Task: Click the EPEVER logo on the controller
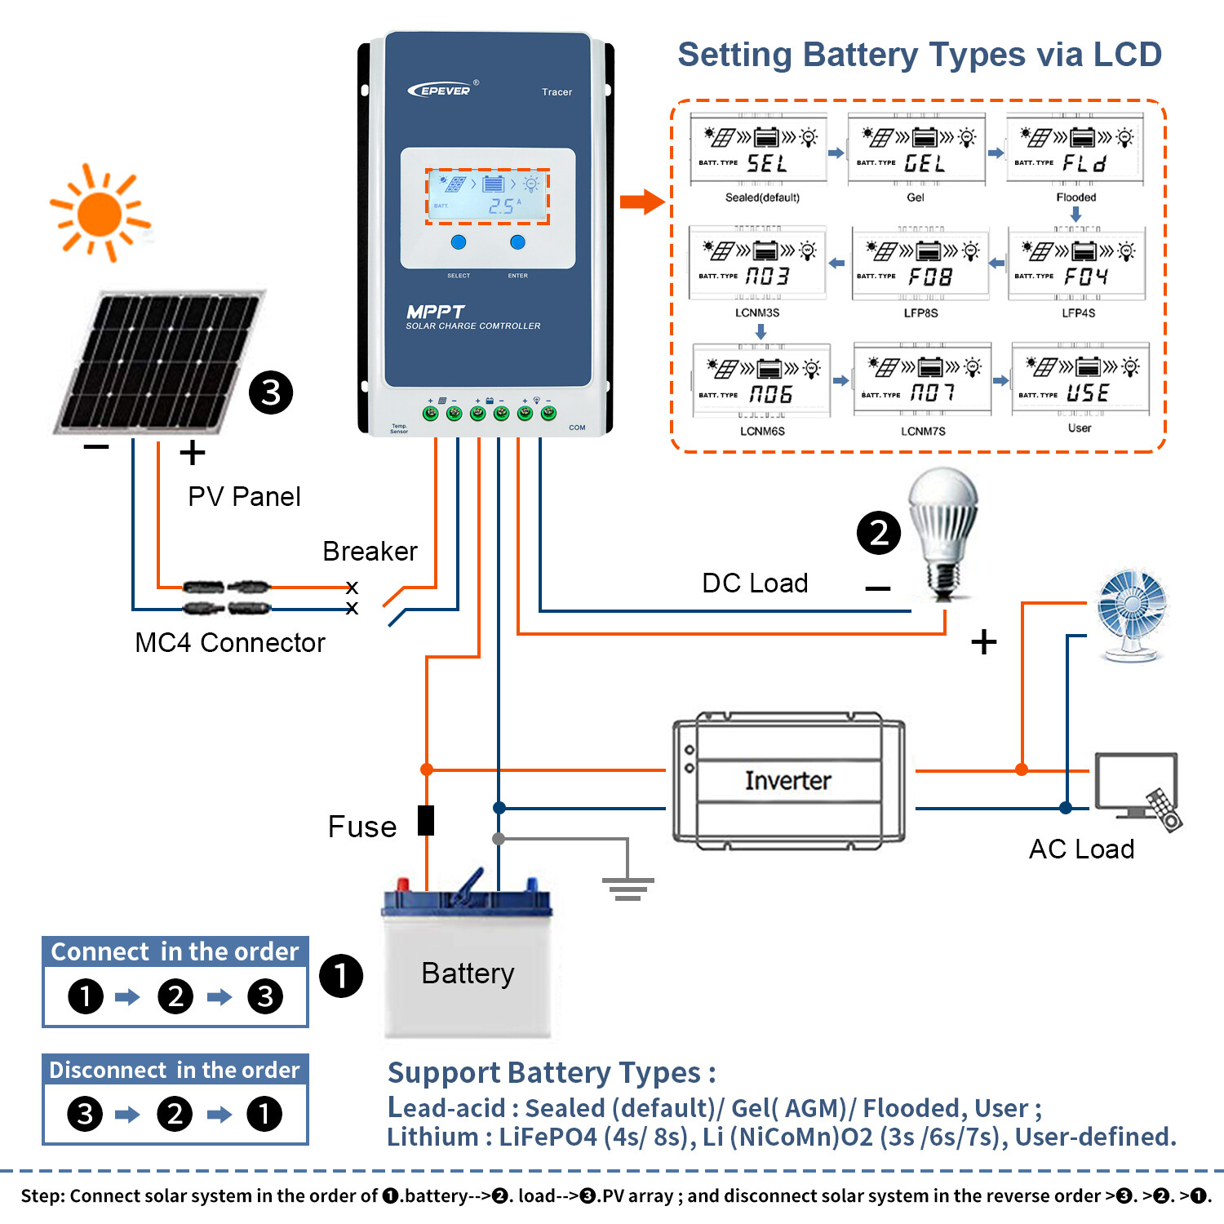441,90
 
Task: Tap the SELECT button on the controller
459,242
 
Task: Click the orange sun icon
100,214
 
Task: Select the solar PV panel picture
159,361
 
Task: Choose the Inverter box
787,781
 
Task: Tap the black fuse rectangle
426,820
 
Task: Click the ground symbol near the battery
628,888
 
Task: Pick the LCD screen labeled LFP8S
920,264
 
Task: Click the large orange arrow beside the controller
642,202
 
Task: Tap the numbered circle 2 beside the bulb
878,533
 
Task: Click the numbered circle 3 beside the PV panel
271,392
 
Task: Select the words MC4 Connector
230,643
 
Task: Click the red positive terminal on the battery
402,885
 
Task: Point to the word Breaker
370,552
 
